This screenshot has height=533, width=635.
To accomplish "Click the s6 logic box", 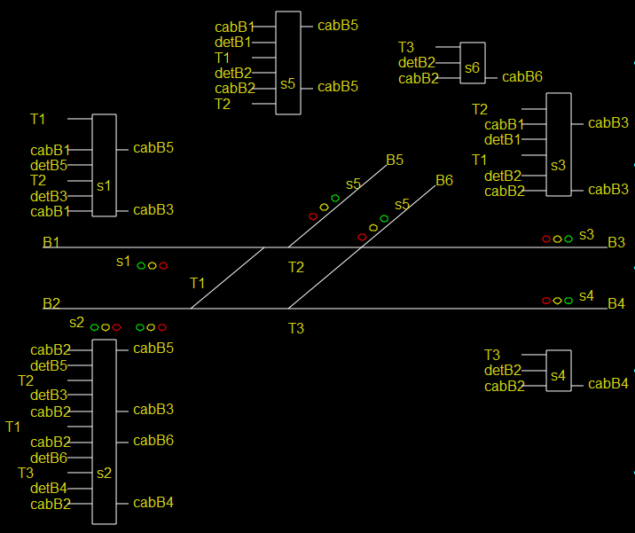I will pos(473,63).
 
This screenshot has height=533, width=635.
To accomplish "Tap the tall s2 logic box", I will pos(105,432).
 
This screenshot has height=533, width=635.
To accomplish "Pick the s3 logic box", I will pos(558,144).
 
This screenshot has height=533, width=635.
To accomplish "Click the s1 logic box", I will pos(105,165).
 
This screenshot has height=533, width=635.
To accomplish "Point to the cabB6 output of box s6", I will pos(522,77).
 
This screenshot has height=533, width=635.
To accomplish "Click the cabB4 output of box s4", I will pos(608,384).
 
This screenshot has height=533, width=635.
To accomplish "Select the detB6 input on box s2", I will pos(49,458).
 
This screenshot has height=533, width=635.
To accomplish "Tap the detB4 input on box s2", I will pos(49,489).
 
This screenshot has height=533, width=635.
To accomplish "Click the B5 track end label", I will pos(395,161).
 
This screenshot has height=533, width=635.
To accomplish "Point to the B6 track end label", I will pos(444,181).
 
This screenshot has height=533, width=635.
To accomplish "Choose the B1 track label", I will pos(51,242).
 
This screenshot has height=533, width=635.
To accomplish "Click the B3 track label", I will pos(616,242).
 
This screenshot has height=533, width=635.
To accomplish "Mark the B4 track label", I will pos(616,304).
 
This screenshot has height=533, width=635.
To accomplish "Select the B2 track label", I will pos(51,303).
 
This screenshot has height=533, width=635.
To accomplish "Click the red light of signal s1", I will pos(163,265).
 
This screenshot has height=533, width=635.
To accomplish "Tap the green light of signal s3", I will pos(568,239).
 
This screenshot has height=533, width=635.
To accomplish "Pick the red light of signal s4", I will pos(546,301).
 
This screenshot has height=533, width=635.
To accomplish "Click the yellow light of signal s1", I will pos(153,265).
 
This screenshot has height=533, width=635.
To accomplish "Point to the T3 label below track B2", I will pos(296,329).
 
